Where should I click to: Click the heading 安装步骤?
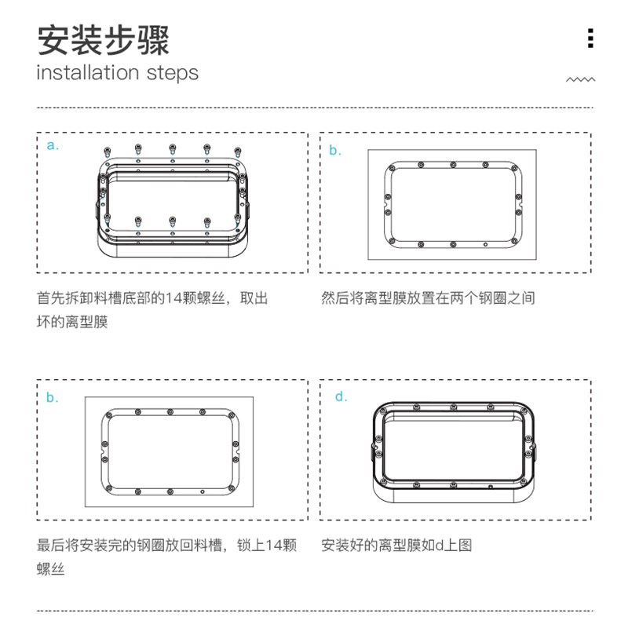pyautogui.click(x=103, y=39)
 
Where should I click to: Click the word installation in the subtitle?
pyautogui.click(x=87, y=73)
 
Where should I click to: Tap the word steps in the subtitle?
pyautogui.click(x=172, y=73)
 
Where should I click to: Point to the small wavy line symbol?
pyautogui.click(x=581, y=79)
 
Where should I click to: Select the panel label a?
pyautogui.click(x=53, y=145)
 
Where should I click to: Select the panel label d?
pyautogui.click(x=341, y=396)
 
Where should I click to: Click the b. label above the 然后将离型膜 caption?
pyautogui.click(x=335, y=151)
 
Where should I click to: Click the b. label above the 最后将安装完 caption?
pyautogui.click(x=52, y=398)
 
